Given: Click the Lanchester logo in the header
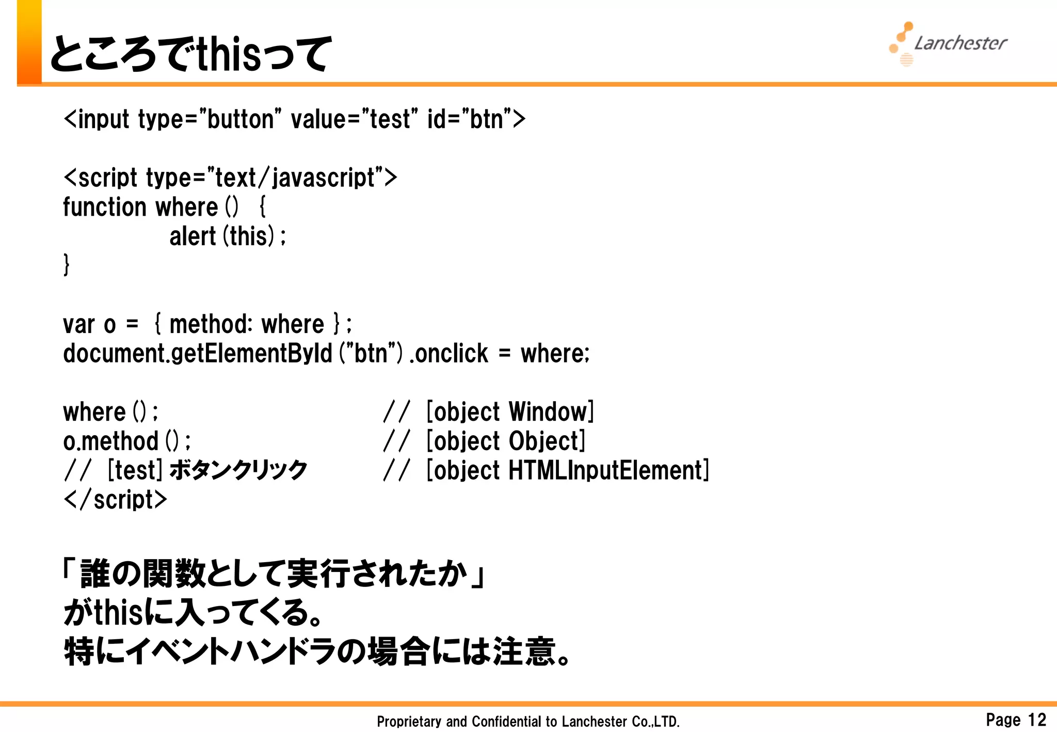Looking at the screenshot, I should click(949, 43).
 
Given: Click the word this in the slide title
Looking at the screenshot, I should click(229, 54).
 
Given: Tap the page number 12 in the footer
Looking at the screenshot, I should click(1036, 719).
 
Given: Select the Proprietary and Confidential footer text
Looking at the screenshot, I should click(528, 721).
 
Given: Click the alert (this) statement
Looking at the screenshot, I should click(227, 236).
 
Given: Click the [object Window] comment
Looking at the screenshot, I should click(510, 412).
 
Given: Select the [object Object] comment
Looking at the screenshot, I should click(506, 441).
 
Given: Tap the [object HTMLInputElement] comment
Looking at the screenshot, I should click(568, 470).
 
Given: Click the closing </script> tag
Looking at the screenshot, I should click(116, 500).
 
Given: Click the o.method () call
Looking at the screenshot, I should click(126, 441).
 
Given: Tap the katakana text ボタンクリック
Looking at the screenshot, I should click(238, 470).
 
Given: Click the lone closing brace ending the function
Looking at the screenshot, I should click(67, 265).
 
